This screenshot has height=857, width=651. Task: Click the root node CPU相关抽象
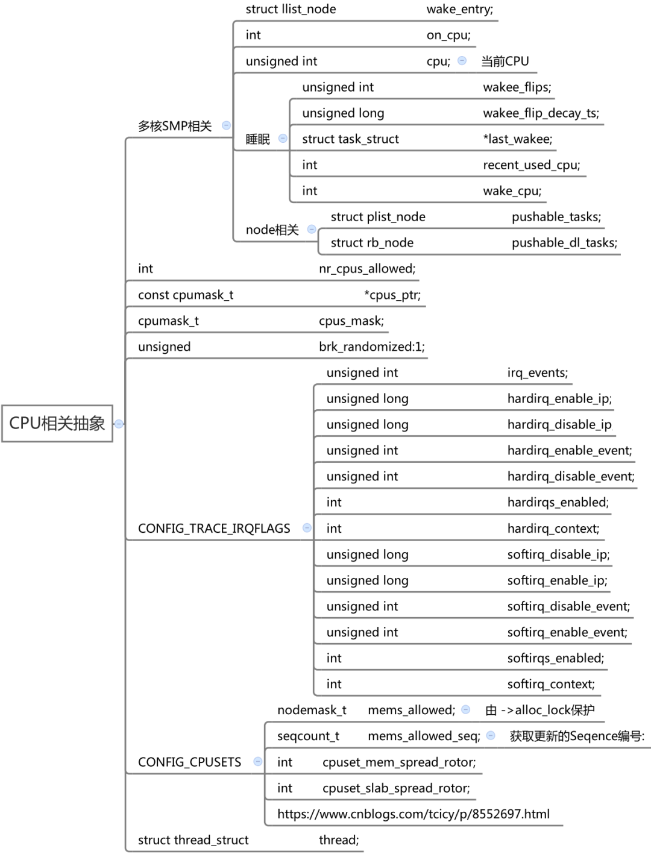[57, 423]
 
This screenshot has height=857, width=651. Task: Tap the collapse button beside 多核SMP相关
[226, 125]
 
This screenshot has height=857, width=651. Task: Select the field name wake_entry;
[460, 10]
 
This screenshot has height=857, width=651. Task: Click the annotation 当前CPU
[505, 61]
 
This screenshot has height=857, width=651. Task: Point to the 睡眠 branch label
[258, 139]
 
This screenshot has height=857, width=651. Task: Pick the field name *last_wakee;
[517, 139]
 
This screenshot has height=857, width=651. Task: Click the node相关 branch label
[272, 230]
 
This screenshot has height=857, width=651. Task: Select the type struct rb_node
[372, 243]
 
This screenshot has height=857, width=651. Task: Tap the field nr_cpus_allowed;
[367, 269]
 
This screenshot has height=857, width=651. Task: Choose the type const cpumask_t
[186, 295]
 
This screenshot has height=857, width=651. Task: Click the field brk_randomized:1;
[372, 347]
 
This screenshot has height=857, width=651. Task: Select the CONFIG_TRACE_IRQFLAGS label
[214, 529]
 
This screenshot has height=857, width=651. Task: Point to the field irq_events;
[538, 373]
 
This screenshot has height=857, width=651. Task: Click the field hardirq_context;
[553, 529]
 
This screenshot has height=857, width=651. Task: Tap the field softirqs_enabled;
[556, 658]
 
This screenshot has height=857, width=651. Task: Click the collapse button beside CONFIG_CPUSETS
[258, 761]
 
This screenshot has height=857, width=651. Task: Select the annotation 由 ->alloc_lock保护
[540, 710]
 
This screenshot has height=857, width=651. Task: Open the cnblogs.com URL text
[414, 814]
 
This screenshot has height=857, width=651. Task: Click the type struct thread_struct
[193, 840]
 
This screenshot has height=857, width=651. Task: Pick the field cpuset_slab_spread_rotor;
[397, 788]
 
